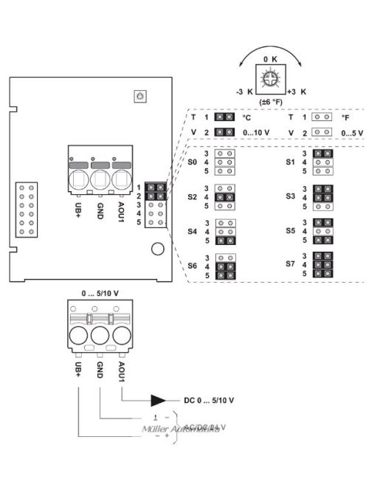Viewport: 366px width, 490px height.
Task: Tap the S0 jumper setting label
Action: (192, 161)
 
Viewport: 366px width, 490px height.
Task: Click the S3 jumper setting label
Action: (290, 198)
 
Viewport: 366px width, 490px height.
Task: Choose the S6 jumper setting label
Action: (192, 265)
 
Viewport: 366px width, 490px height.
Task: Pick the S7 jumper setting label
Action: (290, 263)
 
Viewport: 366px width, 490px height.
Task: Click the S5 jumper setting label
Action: (290, 230)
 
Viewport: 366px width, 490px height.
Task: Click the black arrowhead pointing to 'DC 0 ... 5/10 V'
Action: (159, 401)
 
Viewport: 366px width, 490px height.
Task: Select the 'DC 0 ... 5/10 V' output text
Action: (209, 401)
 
